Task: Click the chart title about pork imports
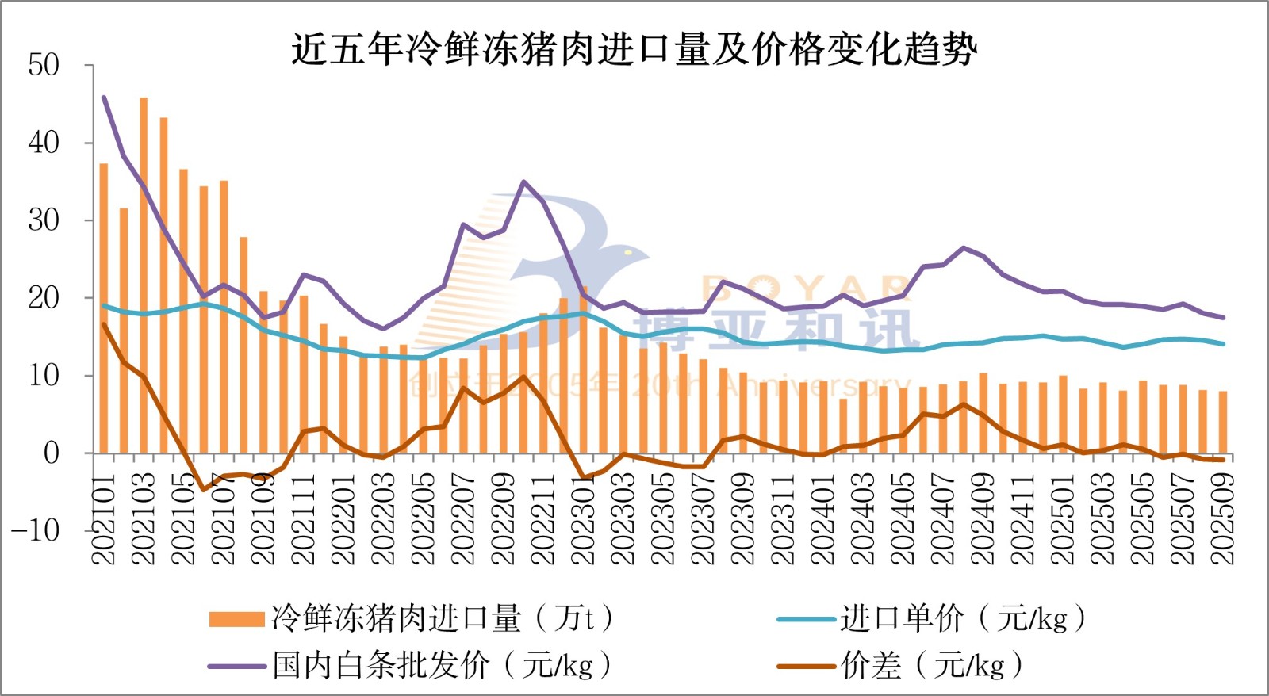(634, 49)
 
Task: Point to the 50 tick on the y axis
(44, 65)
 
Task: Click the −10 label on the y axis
(36, 530)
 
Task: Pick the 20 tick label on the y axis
(44, 298)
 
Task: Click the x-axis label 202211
(543, 519)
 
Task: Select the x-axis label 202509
(1223, 519)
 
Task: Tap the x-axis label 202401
(823, 519)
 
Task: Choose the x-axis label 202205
(424, 519)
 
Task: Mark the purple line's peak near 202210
(523, 182)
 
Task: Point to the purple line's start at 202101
(104, 98)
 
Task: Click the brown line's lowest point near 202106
(203, 490)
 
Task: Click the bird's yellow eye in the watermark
(627, 252)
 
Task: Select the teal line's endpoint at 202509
(1223, 344)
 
